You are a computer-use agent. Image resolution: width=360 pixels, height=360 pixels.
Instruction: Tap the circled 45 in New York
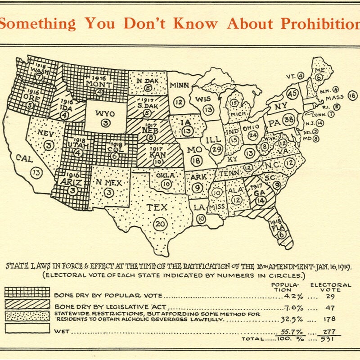pos(293,94)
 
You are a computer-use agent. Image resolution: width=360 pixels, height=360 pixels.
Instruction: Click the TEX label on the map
pos(157,207)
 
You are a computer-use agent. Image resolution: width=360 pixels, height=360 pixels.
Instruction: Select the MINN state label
pos(179,85)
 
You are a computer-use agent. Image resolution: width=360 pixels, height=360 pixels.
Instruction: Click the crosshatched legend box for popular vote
pos(27,292)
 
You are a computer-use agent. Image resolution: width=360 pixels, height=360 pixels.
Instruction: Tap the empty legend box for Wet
pos(27,329)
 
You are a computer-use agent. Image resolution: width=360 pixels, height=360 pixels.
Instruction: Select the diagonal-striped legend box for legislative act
pos(27,304)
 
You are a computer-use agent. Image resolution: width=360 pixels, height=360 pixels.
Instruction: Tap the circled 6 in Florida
pos(282,234)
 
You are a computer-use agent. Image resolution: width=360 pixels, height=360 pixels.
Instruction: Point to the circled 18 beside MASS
pos(352,96)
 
